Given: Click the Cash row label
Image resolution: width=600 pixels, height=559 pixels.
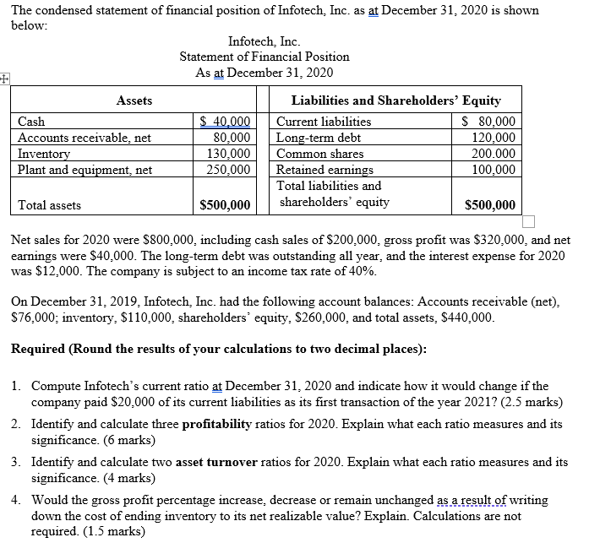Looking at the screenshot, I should click(x=32, y=122).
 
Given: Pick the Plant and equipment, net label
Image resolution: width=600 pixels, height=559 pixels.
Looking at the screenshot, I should click(x=85, y=170).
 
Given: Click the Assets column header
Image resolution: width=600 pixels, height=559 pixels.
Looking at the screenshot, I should click(x=134, y=100).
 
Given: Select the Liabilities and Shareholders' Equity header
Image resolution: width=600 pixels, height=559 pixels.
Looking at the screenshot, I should click(x=395, y=100).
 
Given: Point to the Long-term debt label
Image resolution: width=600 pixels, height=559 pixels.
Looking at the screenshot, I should click(x=319, y=138).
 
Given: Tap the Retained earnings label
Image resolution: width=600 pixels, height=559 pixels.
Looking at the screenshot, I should click(x=325, y=170).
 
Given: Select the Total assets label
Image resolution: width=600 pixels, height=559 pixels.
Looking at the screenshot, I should click(x=50, y=205).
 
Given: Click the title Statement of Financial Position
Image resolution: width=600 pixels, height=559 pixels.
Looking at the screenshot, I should click(x=265, y=57).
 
